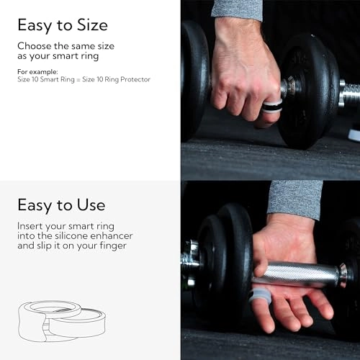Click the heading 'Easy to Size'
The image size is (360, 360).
coord(62,26)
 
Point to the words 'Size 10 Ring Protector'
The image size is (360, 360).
coord(107,79)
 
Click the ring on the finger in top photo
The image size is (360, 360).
coord(271,108)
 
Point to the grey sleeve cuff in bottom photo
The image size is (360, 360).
coord(295,199)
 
